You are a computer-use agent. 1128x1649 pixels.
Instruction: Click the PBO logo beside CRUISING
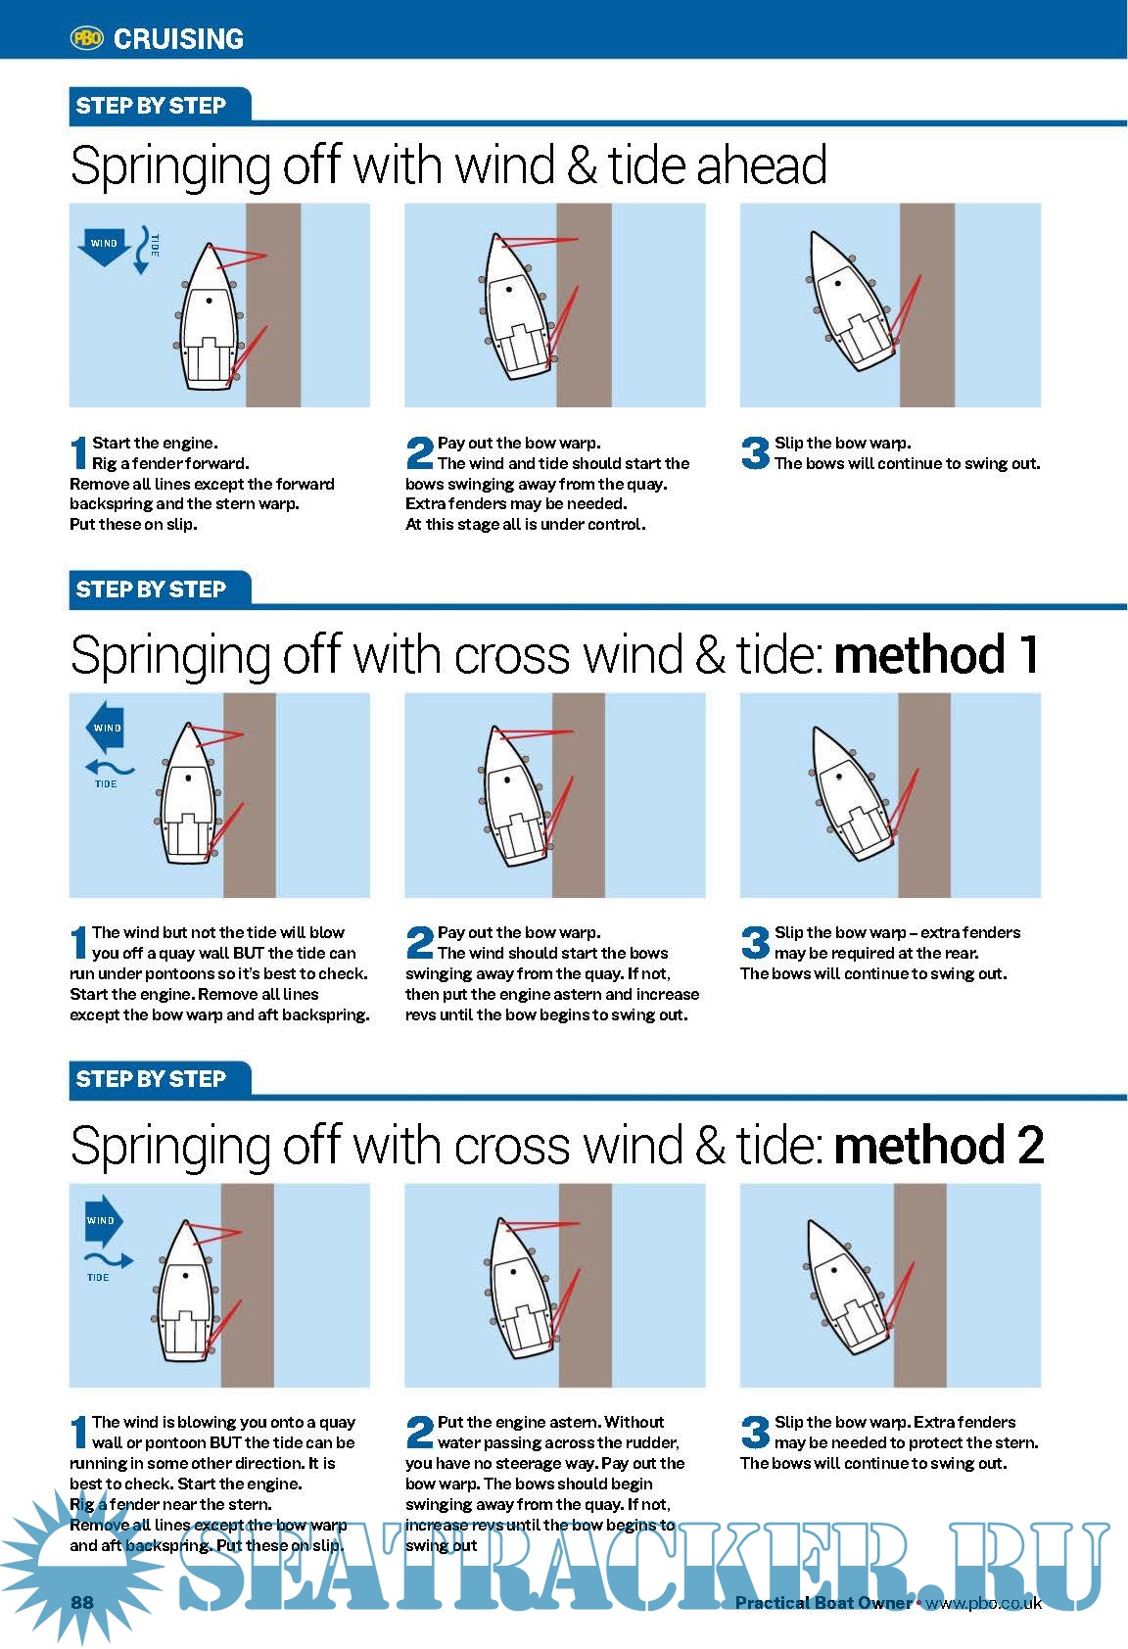pos(86,37)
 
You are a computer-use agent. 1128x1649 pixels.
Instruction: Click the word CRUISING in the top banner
pos(178,39)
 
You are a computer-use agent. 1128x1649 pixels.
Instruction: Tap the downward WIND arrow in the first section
pos(104,246)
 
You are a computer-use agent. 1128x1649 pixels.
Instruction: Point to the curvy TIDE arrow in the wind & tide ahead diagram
pos(143,250)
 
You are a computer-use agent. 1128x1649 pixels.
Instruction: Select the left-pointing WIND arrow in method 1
pos(106,727)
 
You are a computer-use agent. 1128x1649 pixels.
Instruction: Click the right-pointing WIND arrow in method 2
pos(104,1220)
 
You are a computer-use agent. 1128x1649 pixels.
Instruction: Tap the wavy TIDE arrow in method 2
pos(109,1259)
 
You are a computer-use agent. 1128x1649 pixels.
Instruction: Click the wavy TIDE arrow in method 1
pos(110,768)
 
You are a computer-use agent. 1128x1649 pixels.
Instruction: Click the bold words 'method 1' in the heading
pos(936,654)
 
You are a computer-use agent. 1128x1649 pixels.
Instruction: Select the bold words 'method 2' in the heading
pos(938,1145)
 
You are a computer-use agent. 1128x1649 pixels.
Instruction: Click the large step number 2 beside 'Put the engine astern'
pos(420,1432)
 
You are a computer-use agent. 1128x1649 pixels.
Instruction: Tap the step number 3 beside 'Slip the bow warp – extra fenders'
pos(755,942)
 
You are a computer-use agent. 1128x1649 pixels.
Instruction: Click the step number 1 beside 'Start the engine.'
pos(78,452)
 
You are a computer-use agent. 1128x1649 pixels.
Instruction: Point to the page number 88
pos(81,1602)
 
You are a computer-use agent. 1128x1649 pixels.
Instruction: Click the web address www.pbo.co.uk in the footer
pos(984,1603)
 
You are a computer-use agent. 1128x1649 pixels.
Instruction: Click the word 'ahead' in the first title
pos(762,165)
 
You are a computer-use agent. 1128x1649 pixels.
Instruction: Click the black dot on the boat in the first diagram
pos(210,301)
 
